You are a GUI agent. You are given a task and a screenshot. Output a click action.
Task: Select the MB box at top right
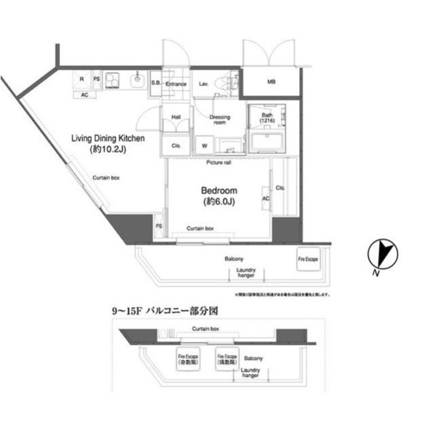click(x=271, y=83)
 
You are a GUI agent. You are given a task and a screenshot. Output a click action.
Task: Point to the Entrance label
click(x=176, y=84)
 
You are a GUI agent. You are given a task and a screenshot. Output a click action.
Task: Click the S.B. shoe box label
click(x=155, y=84)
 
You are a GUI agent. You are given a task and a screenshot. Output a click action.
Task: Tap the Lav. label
click(x=203, y=84)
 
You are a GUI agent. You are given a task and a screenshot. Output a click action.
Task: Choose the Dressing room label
click(x=220, y=120)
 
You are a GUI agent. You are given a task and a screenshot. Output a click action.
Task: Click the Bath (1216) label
click(x=268, y=119)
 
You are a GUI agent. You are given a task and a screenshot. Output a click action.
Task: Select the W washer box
click(x=204, y=146)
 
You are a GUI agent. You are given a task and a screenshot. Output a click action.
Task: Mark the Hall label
click(x=175, y=116)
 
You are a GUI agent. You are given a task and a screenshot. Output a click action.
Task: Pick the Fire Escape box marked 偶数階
click(x=226, y=359)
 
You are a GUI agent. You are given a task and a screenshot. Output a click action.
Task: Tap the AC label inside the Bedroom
click(x=266, y=198)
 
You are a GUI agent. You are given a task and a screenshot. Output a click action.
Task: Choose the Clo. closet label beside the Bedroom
click(x=280, y=187)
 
